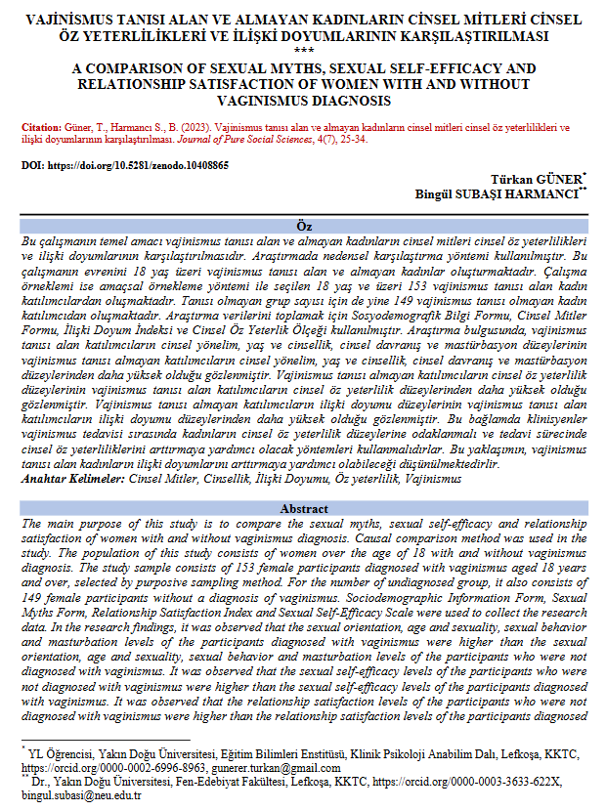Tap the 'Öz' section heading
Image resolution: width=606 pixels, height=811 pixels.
(303, 227)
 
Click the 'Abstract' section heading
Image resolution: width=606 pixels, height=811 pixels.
(303, 509)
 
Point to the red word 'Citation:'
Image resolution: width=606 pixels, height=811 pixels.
(40, 127)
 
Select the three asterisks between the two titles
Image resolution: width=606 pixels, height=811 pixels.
(303, 52)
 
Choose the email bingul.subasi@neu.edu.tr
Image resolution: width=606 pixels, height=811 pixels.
(81, 795)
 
